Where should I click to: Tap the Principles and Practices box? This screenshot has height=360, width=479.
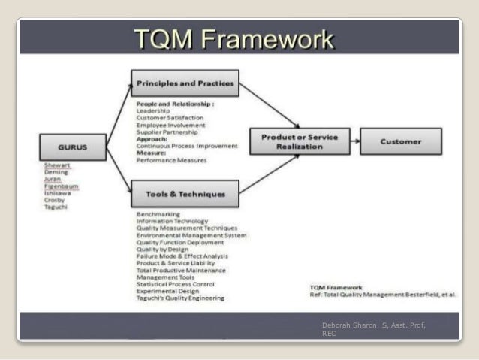click(185, 83)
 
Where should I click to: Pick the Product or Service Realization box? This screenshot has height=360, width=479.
click(300, 142)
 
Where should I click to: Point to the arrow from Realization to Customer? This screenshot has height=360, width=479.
click(351, 141)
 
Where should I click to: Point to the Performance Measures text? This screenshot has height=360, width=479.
click(171, 160)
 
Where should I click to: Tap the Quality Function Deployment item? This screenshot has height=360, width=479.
click(180, 242)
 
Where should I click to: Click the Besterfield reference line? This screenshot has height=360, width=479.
click(382, 295)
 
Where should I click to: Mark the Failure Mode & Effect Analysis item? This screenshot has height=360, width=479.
click(183, 256)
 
